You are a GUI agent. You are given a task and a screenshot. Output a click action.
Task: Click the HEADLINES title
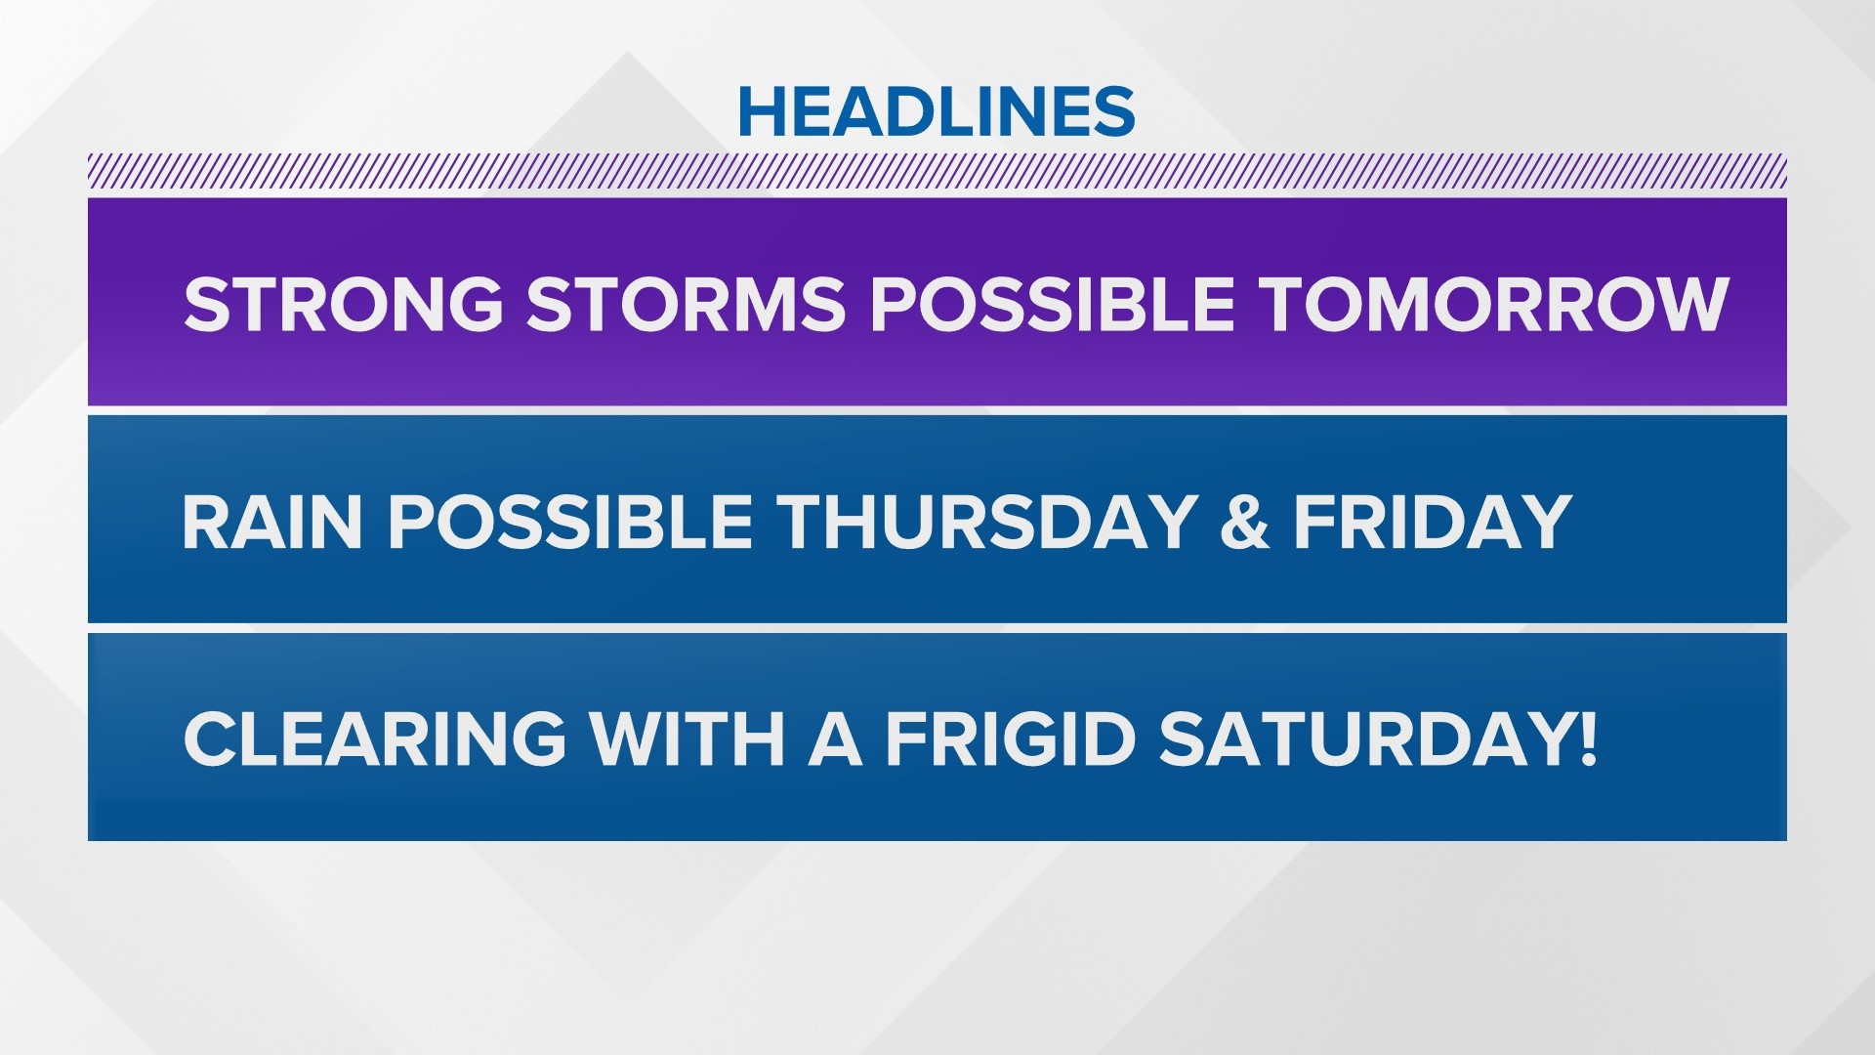(x=937, y=111)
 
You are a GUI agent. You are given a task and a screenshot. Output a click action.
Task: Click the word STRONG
(x=343, y=304)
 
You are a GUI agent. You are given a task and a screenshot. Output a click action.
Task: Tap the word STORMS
(x=686, y=304)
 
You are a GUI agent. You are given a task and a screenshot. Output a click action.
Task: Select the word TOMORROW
(x=1495, y=304)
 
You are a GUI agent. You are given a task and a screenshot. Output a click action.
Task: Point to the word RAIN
(x=272, y=522)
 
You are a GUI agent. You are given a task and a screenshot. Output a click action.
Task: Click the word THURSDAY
(x=987, y=522)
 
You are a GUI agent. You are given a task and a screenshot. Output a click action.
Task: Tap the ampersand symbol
(x=1244, y=522)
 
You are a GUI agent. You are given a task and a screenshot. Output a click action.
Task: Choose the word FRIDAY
(x=1433, y=522)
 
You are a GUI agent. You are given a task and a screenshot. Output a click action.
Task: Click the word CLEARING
(x=375, y=738)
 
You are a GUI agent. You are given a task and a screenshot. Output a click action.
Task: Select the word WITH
(x=687, y=738)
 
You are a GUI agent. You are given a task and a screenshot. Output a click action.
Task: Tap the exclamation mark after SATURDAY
(x=1587, y=738)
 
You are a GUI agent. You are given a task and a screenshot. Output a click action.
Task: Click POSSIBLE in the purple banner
(x=1053, y=304)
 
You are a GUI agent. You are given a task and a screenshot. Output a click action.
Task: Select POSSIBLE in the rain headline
(x=569, y=522)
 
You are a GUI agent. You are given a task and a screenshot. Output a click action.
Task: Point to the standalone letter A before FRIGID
(x=835, y=738)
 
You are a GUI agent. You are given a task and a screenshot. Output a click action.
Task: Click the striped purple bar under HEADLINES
(x=937, y=171)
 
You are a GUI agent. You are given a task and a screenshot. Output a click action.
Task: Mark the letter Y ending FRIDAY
(x=1546, y=522)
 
